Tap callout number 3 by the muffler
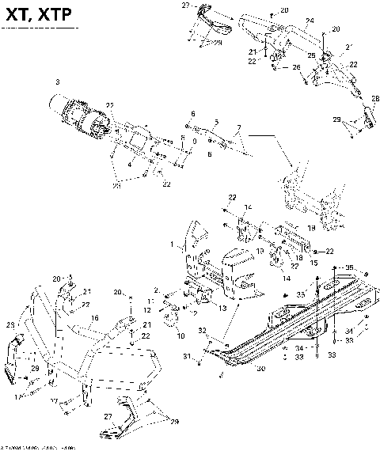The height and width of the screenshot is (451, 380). (57, 81)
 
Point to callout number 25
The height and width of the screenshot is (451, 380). (311, 55)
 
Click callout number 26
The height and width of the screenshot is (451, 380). (298, 67)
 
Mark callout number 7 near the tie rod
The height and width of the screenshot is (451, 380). (239, 127)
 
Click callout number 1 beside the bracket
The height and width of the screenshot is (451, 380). (173, 246)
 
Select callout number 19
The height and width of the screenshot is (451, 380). (310, 227)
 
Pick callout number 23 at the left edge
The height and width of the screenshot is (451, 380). (9, 325)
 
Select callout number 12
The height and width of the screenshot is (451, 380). (148, 301)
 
